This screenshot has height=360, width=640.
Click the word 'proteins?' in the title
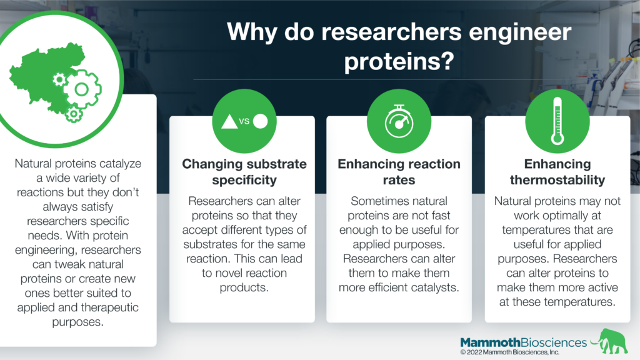pyautogui.click(x=399, y=62)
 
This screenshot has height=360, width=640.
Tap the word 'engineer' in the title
pyautogui.click(x=519, y=32)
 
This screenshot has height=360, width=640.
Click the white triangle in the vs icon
pyautogui.click(x=229, y=122)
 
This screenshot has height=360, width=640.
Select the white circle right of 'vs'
pyautogui.click(x=261, y=121)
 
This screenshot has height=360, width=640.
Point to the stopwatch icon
pyautogui.click(x=399, y=121)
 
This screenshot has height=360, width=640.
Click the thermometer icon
pyautogui.click(x=557, y=121)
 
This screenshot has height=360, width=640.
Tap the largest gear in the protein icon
pyautogui.click(x=82, y=89)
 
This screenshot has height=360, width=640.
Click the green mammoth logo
pyautogui.click(x=610, y=341)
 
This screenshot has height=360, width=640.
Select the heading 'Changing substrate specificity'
pyautogui.click(x=244, y=172)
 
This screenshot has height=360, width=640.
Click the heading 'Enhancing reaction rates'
pyautogui.click(x=399, y=172)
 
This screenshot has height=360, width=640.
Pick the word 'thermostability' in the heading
pyautogui.click(x=557, y=180)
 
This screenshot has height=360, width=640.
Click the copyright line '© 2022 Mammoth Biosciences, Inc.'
pyautogui.click(x=510, y=352)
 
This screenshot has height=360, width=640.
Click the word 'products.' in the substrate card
pyautogui.click(x=244, y=287)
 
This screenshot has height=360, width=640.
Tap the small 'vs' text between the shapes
pyautogui.click(x=244, y=121)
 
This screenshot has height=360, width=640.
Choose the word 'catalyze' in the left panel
pyautogui.click(x=121, y=164)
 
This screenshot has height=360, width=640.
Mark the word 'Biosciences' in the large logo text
pyautogui.click(x=554, y=342)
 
